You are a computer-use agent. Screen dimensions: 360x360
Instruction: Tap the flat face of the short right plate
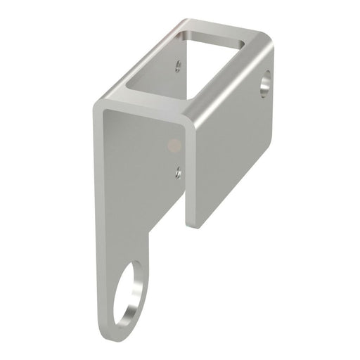[232, 141]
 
